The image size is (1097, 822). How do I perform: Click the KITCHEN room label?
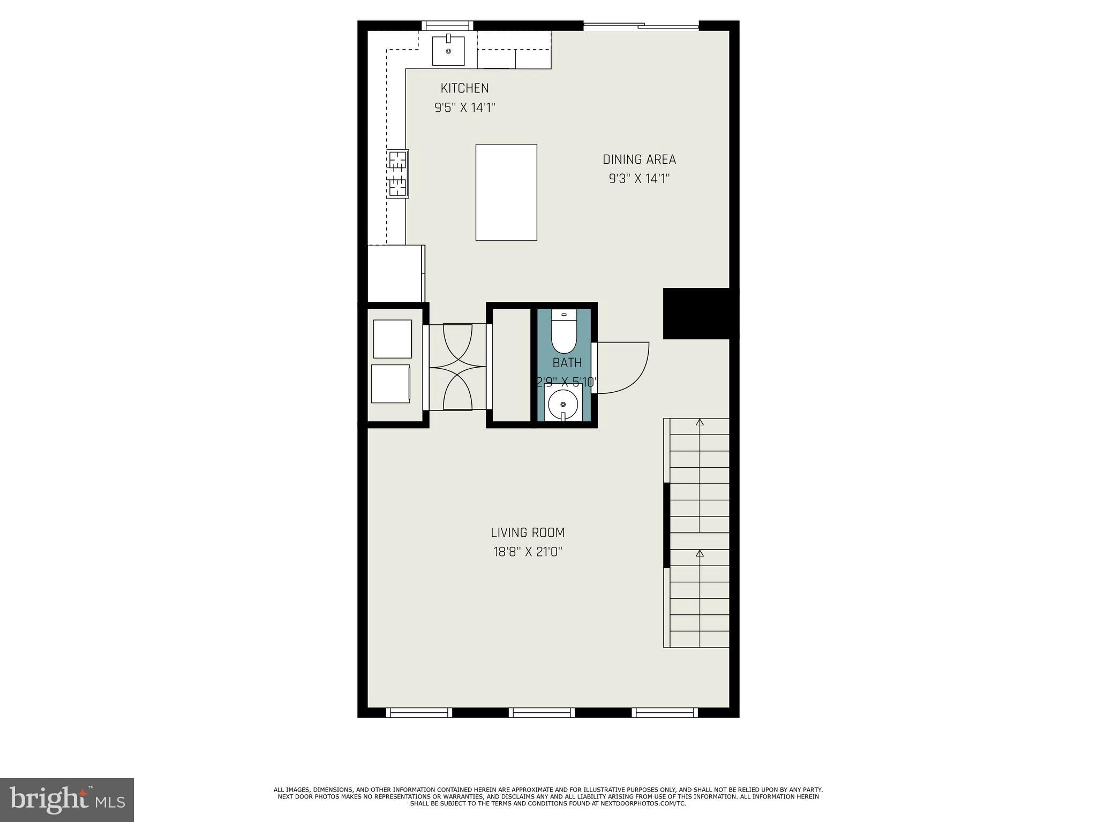(x=464, y=88)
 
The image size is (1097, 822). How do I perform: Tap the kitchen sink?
(x=448, y=50)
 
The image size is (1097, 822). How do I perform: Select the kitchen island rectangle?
(x=506, y=192)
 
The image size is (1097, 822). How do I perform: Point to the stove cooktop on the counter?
(x=398, y=173)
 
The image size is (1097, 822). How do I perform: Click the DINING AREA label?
(x=639, y=159)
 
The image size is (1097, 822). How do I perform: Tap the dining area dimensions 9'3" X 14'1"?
(x=639, y=179)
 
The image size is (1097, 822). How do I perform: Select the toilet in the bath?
(x=563, y=332)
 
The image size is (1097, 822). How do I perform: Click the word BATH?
(x=567, y=363)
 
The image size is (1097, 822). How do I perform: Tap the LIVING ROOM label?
(x=528, y=532)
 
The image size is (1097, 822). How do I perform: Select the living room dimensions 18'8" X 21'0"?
(x=528, y=552)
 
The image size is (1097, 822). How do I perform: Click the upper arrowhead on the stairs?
(x=700, y=423)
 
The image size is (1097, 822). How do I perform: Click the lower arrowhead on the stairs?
(x=700, y=553)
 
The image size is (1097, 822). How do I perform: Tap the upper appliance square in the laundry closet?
(x=392, y=339)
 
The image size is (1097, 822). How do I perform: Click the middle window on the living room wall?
(x=542, y=712)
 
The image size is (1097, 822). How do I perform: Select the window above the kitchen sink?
(x=448, y=25)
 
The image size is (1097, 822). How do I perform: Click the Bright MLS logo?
(x=67, y=800)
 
